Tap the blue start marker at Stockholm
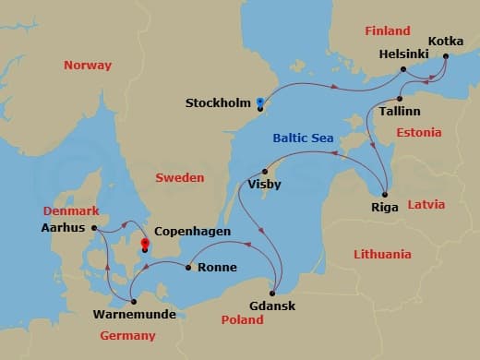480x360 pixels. coord(260,103)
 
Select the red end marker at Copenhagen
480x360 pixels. coord(144,246)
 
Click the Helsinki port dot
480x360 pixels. coord(403,70)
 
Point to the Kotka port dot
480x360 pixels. coord(446,56)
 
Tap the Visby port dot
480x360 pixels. coord(266,171)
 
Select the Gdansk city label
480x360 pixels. coord(272,306)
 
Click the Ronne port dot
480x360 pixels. coord(188,269)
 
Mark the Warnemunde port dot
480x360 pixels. coord(134,301)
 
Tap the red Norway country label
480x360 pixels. coord(88,66)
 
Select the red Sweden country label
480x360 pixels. coord(179,177)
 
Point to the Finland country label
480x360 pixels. coord(387,30)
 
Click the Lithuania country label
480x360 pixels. coord(382,253)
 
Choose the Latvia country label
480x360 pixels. coord(426,203)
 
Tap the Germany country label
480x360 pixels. coord(127,335)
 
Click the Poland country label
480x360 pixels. coord(242,319)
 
